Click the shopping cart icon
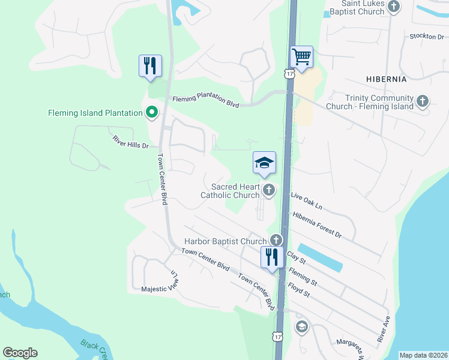(301, 58)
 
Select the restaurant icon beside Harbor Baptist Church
(271, 257)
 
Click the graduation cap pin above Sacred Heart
(264, 163)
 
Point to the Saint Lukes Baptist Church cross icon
(394, 7)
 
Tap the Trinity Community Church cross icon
(423, 101)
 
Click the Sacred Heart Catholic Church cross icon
(268, 191)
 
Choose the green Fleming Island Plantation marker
(152, 112)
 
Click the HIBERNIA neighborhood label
(386, 79)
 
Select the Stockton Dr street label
(426, 37)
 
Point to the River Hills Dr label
(130, 142)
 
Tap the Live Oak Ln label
(306, 201)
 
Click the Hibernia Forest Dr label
(316, 225)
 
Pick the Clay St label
(297, 257)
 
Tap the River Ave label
(384, 329)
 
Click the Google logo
(20, 353)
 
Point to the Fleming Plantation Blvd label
(206, 102)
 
